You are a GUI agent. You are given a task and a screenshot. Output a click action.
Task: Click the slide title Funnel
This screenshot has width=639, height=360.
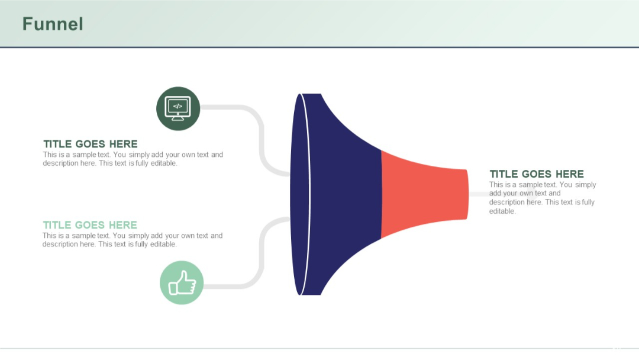click(x=53, y=24)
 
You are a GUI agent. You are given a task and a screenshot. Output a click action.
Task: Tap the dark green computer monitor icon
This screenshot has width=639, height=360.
click(x=178, y=108)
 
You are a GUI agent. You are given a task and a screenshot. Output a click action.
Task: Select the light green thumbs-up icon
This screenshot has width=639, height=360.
click(x=182, y=283)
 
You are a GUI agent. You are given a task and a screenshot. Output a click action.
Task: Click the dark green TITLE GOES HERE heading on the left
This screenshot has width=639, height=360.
click(x=90, y=144)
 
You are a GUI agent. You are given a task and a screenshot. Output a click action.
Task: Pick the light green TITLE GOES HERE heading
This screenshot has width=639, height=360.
click(x=89, y=225)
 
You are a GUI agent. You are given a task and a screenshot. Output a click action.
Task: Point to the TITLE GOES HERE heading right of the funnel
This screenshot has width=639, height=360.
click(x=536, y=174)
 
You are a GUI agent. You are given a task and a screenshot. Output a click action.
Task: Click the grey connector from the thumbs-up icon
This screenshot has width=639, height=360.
click(x=260, y=255)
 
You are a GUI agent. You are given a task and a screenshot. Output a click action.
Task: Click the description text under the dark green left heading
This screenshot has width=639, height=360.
click(x=133, y=159)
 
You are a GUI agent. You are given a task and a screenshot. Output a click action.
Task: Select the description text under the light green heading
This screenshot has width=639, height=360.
click(x=133, y=240)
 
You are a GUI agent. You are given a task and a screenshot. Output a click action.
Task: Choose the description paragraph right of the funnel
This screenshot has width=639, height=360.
click(x=542, y=198)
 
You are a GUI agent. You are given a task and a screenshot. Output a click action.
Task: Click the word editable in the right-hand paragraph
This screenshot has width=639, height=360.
click(x=502, y=211)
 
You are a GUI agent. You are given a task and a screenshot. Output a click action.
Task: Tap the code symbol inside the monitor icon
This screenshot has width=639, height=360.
click(x=178, y=106)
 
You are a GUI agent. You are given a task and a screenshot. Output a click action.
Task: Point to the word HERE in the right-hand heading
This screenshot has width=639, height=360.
click(x=570, y=174)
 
